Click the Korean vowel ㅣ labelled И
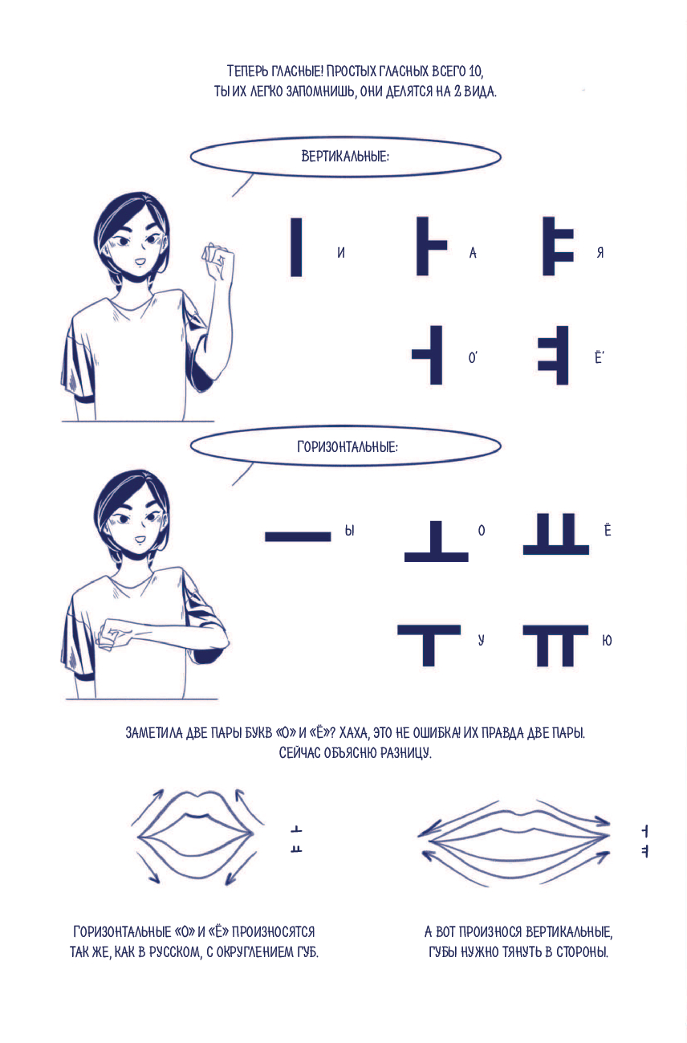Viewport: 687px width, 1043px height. point(296,246)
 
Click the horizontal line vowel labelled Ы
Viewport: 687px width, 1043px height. point(298,536)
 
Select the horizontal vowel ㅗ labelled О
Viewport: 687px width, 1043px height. point(436,541)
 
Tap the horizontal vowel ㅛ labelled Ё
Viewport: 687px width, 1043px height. point(556,534)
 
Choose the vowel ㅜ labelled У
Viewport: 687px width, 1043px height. point(429,646)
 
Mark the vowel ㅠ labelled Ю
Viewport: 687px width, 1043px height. point(555,646)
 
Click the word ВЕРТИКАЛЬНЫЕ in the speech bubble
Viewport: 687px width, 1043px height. point(345,157)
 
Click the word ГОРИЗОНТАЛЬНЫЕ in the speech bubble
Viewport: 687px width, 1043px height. point(348,447)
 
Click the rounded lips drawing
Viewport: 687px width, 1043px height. point(196,836)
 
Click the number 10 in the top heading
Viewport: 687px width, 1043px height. point(476,71)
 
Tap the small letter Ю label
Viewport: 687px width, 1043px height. point(607,641)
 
